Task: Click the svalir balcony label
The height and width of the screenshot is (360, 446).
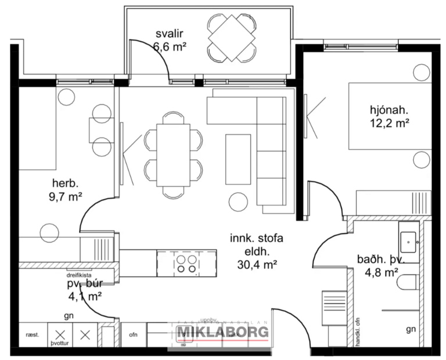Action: (168, 33)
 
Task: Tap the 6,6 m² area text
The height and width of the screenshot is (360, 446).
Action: (168, 47)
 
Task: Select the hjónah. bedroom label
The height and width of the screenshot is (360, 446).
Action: (389, 109)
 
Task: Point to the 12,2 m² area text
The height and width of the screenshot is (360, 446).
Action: (389, 123)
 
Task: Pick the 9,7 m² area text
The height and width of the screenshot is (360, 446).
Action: (64, 196)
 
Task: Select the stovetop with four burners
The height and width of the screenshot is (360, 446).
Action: (186, 264)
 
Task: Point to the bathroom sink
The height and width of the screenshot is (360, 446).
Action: (410, 239)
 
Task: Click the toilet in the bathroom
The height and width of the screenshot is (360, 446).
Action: (409, 283)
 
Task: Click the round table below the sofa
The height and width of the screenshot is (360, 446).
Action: (238, 201)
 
